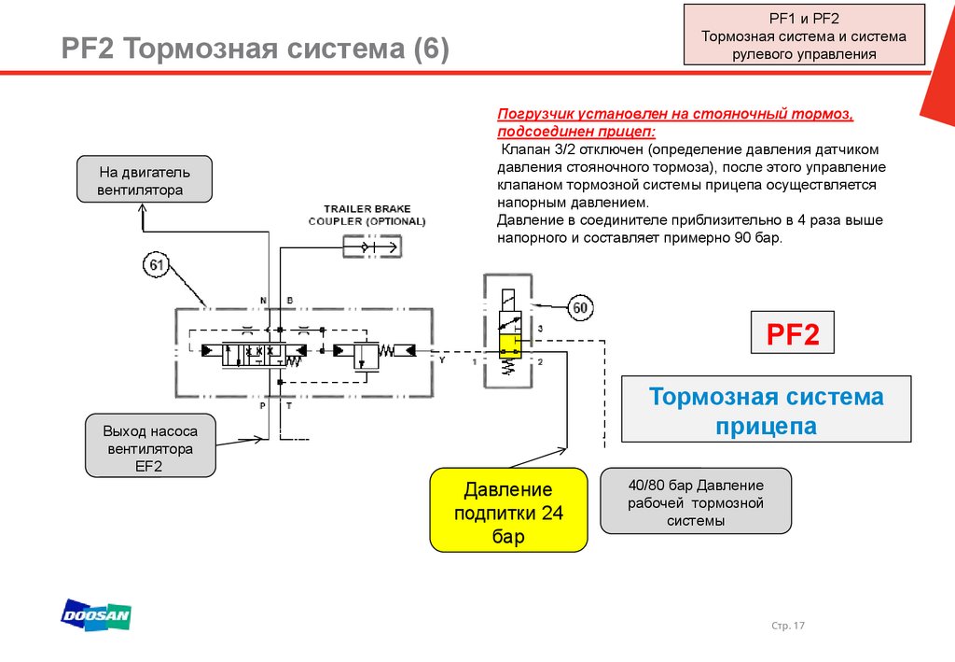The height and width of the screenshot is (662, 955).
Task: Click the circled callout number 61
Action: (157, 266)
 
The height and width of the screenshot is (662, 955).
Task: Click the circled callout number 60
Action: (580, 307)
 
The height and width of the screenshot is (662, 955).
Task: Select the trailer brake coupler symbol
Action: (371, 246)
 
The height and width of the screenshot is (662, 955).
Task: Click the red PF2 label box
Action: (792, 334)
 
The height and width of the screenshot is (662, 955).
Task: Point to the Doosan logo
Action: (96, 614)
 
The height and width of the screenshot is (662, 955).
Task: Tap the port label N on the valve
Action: (263, 301)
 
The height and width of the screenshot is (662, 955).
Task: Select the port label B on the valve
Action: (290, 301)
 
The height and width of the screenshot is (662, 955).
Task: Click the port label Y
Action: (442, 359)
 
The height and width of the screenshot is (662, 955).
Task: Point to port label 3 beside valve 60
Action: (540, 329)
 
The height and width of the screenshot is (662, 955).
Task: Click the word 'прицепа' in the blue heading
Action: (766, 427)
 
